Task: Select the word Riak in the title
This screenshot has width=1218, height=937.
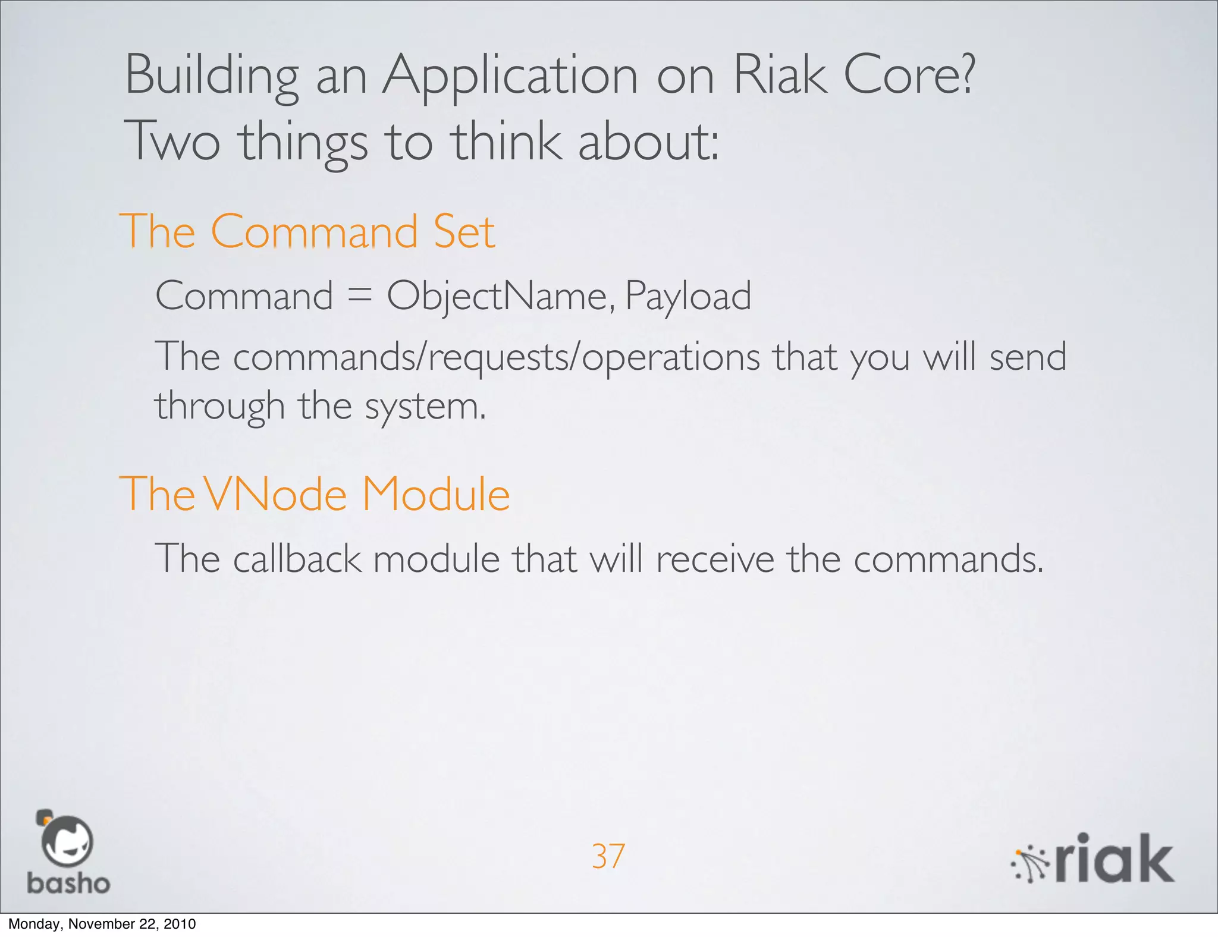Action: [780, 75]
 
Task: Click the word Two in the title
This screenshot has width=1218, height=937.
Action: [172, 142]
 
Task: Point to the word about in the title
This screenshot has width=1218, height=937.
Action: [648, 142]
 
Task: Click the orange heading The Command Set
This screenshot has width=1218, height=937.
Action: [307, 231]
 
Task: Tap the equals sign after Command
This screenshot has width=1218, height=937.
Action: [359, 295]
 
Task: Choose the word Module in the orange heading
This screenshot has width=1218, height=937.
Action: [436, 494]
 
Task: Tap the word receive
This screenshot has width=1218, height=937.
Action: [715, 559]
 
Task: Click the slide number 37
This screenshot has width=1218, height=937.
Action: [608, 857]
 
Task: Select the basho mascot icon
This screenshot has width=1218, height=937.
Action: [65, 839]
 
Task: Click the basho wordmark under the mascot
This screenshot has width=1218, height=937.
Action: [68, 883]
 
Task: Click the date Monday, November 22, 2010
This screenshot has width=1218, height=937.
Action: [102, 924]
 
